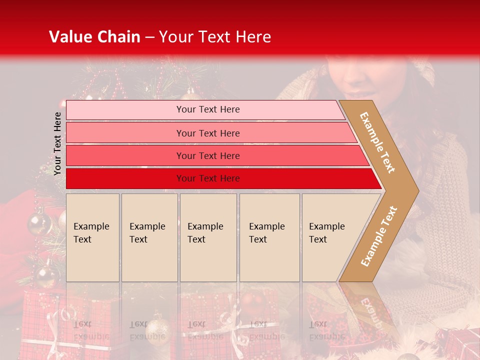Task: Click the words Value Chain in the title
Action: coord(94,37)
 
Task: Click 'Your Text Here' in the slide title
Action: coord(215,37)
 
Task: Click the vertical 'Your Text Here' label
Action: coord(57,143)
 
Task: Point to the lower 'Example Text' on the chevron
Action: coord(379,236)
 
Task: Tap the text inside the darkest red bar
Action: coord(208,178)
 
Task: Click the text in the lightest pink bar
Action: coord(208,109)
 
